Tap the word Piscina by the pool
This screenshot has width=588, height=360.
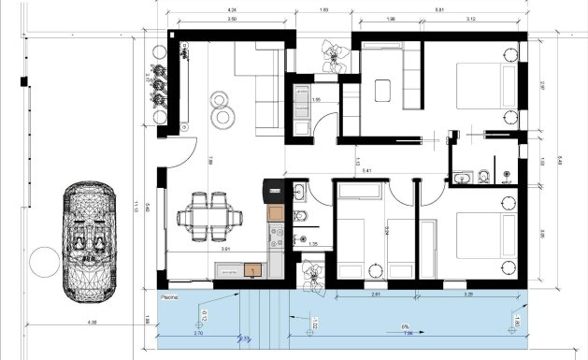168,295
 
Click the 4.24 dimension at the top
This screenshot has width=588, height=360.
231,10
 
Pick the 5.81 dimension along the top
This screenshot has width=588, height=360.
437,10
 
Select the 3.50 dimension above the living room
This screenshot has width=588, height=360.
231,19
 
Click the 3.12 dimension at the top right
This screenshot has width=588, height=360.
471,19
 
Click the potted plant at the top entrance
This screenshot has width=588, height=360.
332,56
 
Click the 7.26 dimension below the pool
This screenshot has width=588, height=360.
407,334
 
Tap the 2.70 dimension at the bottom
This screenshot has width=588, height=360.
197,334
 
